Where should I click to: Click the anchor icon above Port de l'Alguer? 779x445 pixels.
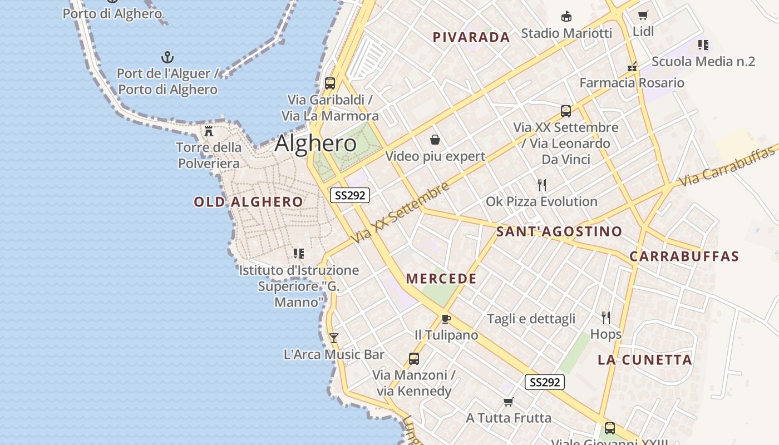pos(167,57)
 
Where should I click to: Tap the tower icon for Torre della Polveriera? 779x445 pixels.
pos(209,131)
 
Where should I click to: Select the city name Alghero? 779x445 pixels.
pos(315,144)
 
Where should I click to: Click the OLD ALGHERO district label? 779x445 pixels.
pos(248,202)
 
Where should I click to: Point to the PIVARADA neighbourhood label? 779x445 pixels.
pos(471,37)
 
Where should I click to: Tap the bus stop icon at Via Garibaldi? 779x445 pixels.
pos(330,83)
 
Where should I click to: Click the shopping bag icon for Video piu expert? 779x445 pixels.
pos(435,140)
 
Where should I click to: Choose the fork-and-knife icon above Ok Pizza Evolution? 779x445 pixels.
pos(541,185)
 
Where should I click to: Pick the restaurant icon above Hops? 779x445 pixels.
pos(606,318)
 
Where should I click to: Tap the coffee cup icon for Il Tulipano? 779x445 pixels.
pos(446,319)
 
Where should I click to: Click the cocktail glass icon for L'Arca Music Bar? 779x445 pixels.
pos(334,338)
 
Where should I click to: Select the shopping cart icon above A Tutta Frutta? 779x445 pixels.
pos(508,402)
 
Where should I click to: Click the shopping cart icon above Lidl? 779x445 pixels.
pos(643,15)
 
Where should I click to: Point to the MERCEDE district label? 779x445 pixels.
pos(441,279)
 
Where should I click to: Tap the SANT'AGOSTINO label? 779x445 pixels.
pos(559,231)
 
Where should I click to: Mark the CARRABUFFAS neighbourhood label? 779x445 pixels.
pos(684,256)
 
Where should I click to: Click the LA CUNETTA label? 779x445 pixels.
pos(645,360)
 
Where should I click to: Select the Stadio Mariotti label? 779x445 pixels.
pos(566,33)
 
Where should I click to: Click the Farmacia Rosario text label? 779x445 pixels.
pos(632,83)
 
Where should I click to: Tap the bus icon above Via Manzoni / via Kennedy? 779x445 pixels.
pos(414,359)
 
